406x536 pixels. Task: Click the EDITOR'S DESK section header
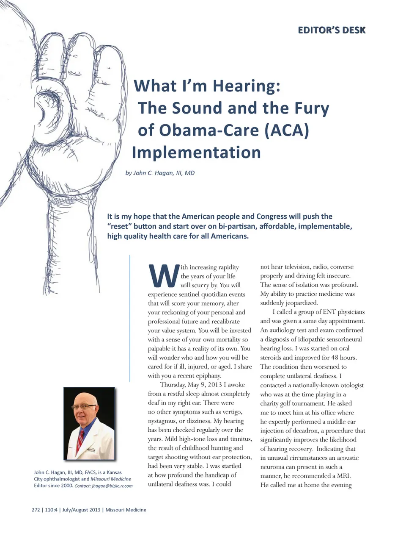click(x=332, y=30)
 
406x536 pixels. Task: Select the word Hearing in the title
click(x=246, y=86)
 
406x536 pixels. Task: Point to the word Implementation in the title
click(x=196, y=153)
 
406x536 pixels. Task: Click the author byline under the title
click(x=160, y=173)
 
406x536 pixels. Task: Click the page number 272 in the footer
click(x=36, y=510)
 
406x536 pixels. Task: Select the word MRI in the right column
click(x=343, y=476)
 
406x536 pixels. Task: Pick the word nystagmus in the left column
click(x=162, y=421)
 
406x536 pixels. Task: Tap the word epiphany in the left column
click(x=208, y=376)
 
